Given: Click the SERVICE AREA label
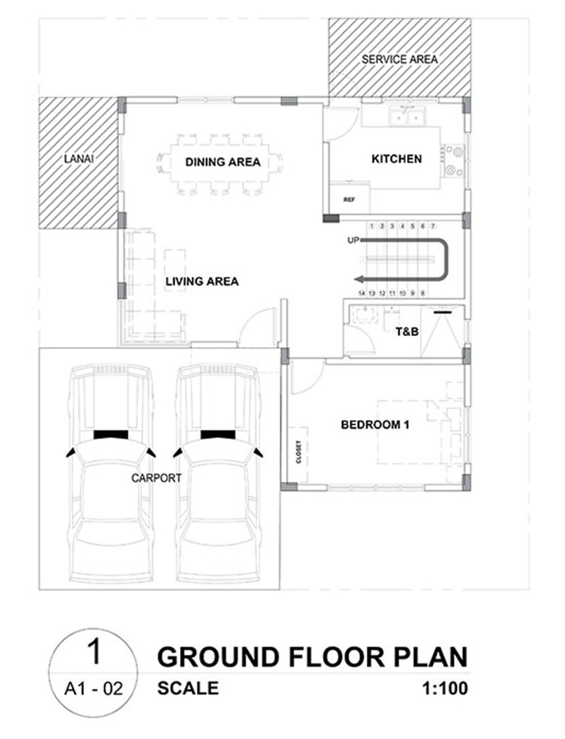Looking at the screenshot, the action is (399, 60).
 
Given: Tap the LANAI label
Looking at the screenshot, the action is (79, 159).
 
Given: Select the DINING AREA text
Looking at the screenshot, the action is (223, 162).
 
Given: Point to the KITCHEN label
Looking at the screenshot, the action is (397, 159).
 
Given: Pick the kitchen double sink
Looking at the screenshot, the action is (407, 116).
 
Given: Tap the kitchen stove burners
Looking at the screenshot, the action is (454, 160).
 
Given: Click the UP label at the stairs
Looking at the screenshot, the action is (353, 240).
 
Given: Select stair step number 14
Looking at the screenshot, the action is (361, 293).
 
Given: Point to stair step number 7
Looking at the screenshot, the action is (432, 226).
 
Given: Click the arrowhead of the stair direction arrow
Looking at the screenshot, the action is (359, 278).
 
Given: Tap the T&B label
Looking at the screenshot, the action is (407, 332).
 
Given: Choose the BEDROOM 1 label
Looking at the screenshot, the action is (375, 425).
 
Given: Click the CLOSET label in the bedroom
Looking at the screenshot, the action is (299, 453).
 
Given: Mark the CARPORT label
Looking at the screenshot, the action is (157, 478).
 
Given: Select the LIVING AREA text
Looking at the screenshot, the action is (202, 281).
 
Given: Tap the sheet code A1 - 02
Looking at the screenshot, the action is (93, 689).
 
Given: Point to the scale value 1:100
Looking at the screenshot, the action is (445, 688).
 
